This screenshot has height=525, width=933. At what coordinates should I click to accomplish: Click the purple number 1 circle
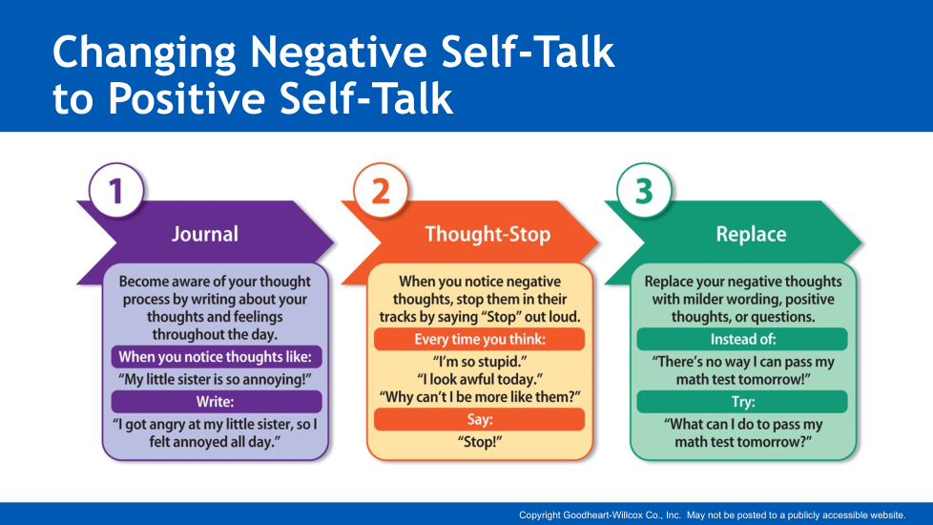[x=116, y=191]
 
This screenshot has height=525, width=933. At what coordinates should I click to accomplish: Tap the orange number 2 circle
[x=381, y=191]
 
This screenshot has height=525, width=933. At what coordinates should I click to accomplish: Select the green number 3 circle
[x=644, y=191]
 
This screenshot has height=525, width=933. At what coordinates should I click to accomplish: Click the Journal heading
[x=205, y=234]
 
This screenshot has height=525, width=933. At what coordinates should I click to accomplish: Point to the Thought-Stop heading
[x=487, y=234]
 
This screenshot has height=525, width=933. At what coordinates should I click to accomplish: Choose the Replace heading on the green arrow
[x=751, y=234]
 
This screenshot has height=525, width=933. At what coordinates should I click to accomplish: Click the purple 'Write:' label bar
[x=216, y=402]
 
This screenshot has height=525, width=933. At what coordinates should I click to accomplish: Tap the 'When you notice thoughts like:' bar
[x=216, y=357]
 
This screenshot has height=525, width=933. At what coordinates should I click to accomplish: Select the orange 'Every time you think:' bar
[x=480, y=339]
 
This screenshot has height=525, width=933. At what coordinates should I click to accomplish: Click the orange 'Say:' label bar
[x=480, y=420]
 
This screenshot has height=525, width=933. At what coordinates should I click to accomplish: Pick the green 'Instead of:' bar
[x=742, y=339]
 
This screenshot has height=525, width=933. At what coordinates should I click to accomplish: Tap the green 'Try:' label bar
[x=742, y=402]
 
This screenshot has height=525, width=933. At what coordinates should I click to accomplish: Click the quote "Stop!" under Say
[x=480, y=442]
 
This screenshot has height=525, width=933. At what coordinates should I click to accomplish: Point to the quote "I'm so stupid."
[x=480, y=362]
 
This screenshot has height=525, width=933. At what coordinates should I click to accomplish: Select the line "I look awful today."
[x=480, y=379]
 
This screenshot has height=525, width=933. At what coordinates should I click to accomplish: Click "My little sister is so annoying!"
[x=215, y=379]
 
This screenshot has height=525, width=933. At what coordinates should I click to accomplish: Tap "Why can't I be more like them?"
[x=480, y=397]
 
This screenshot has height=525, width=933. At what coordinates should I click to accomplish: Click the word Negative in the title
[x=338, y=52]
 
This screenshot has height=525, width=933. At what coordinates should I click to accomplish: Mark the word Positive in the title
[x=186, y=98]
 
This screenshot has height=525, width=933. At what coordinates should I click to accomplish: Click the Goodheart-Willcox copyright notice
[x=713, y=514]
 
